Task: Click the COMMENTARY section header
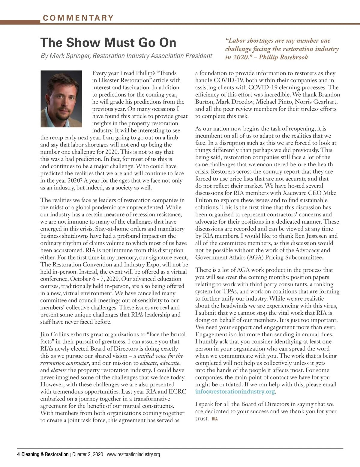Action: tap(78, 18)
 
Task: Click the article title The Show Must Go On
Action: tap(108, 43)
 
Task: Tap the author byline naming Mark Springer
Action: tap(126, 56)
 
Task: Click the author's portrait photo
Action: tap(61, 99)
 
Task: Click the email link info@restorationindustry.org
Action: tap(235, 392)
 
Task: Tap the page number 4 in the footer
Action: tap(18, 454)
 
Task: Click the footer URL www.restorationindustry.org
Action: tap(133, 454)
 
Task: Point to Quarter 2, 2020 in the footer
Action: tap(87, 454)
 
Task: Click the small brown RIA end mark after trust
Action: tap(215, 419)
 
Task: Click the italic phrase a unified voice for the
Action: tap(158, 356)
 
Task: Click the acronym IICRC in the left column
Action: tap(177, 392)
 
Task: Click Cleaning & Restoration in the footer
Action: tap(45, 454)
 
